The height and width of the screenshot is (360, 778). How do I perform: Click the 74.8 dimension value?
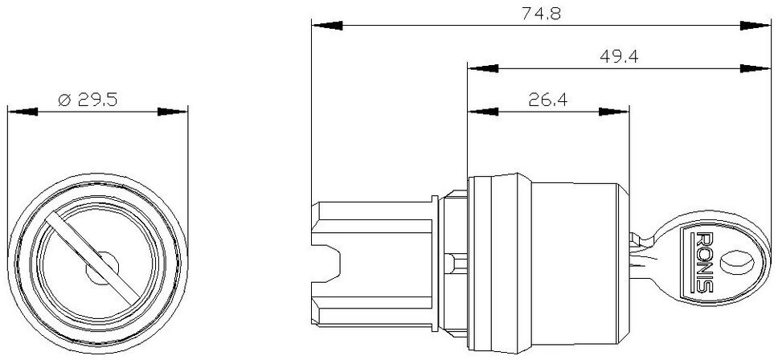tap(541, 14)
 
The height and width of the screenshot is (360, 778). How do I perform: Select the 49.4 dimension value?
tap(619, 56)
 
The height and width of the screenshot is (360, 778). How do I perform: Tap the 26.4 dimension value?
tap(548, 100)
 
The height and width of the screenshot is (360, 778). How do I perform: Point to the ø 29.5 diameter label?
tap(88, 100)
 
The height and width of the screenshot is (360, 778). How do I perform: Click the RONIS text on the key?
tap(705, 262)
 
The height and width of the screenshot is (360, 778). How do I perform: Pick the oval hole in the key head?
tap(736, 261)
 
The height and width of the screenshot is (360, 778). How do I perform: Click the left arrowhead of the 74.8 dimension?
tap(327, 25)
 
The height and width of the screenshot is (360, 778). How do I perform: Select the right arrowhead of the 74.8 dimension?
tap(755, 25)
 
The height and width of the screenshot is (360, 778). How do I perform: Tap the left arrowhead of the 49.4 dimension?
tap(483, 68)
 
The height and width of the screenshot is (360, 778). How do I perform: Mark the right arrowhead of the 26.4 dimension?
tap(614, 112)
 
